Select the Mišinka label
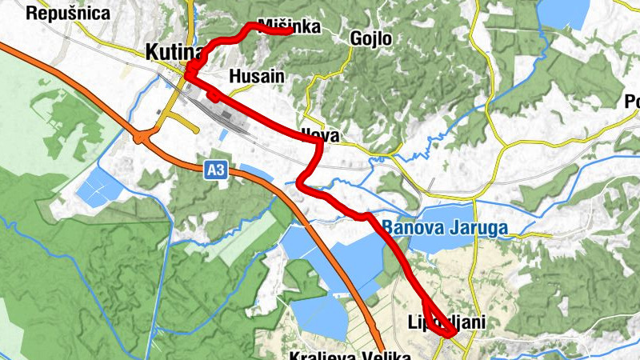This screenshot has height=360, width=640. [290, 26]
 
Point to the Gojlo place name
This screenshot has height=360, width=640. [371, 38]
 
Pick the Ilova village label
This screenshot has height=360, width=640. [321, 136]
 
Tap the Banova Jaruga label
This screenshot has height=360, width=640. [444, 227]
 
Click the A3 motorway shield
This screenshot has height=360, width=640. [214, 170]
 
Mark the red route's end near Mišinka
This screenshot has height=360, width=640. [288, 33]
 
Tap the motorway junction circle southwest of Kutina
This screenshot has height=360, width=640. [141, 138]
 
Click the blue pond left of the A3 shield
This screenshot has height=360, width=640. [99, 186]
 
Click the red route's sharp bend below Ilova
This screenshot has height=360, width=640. [301, 184]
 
